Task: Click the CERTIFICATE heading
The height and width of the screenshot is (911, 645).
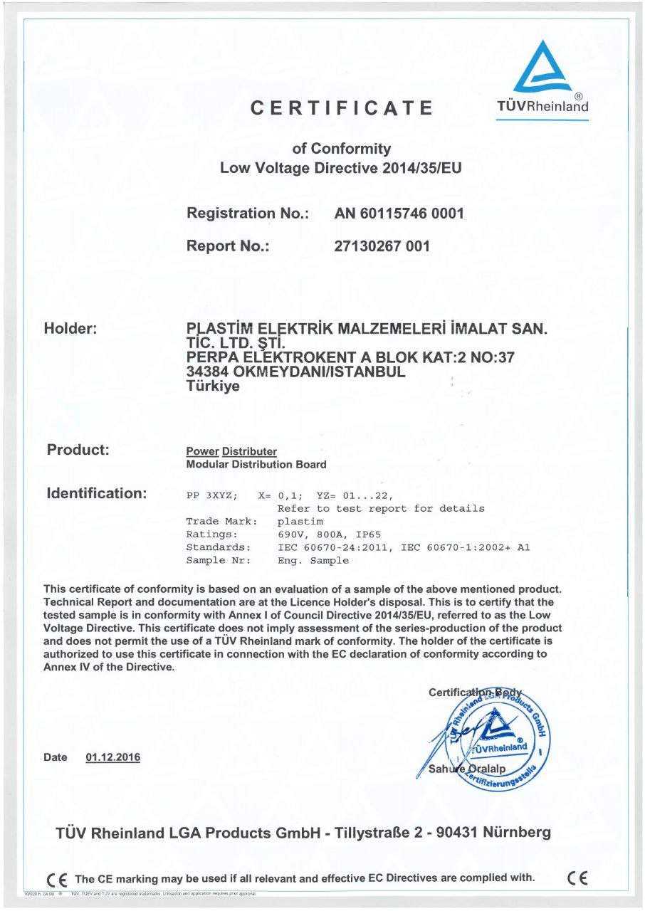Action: [x=342, y=108]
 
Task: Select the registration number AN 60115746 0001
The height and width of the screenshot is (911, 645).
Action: [x=399, y=213]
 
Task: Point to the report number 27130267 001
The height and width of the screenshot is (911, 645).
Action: [x=382, y=246]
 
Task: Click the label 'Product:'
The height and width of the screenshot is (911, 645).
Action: [x=78, y=450]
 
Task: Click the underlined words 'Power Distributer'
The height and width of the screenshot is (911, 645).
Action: [x=231, y=452]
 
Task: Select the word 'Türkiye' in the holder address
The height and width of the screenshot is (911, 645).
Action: [x=213, y=386]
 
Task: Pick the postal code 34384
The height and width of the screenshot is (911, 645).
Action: [x=206, y=373]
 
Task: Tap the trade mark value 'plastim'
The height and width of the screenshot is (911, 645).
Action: [x=298, y=521]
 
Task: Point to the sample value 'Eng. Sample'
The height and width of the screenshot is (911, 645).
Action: [x=313, y=560]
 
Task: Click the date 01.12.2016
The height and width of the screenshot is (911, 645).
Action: [x=112, y=757]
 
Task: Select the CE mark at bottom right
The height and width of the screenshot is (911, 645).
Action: [x=577, y=877]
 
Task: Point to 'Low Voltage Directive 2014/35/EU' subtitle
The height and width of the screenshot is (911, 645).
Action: [x=342, y=169]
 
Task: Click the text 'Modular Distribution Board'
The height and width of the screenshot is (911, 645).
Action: [x=256, y=465]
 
